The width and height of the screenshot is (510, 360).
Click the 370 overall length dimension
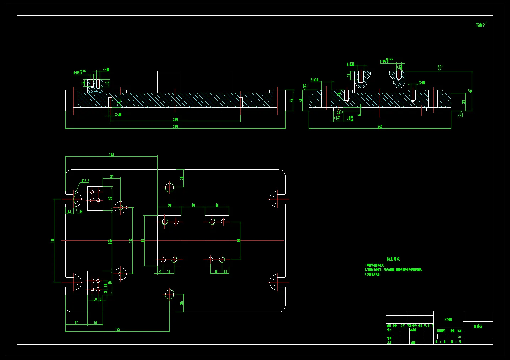pyautogui.click(x=175, y=126)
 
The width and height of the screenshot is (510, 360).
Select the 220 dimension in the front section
pyautogui.click(x=175, y=120)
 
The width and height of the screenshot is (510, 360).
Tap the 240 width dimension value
pyautogui.click(x=380, y=126)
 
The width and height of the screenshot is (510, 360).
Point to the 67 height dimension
pyautogui.click(x=470, y=91)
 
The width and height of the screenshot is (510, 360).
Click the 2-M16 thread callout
pyautogui.click(x=314, y=80)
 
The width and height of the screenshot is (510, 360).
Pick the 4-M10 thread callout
pyautogui.click(x=351, y=64)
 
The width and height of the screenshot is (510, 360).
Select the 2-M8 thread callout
pyautogui.click(x=422, y=83)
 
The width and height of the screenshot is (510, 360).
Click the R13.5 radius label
pyautogui.click(x=85, y=181)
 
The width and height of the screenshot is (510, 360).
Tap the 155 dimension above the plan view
pyautogui.click(x=112, y=154)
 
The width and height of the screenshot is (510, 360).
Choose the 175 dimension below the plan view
pyautogui.click(x=118, y=330)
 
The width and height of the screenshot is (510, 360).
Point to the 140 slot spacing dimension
pyautogui.click(x=53, y=241)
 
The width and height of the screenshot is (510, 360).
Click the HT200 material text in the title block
pyautogui.click(x=448, y=320)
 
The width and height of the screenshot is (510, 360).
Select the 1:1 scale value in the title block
pyautogui.click(x=460, y=336)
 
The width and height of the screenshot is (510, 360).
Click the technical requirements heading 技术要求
pyautogui.click(x=393, y=259)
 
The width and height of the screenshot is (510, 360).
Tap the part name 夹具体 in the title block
pyautogui.click(x=478, y=326)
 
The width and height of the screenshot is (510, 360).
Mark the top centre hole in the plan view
pyautogui.click(x=169, y=187)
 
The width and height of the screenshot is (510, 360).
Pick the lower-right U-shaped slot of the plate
pyautogui.click(x=276, y=283)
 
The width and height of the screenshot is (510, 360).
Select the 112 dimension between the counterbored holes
pyautogui.click(x=131, y=241)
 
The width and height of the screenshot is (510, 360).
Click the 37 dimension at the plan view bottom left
pyautogui.click(x=76, y=323)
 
